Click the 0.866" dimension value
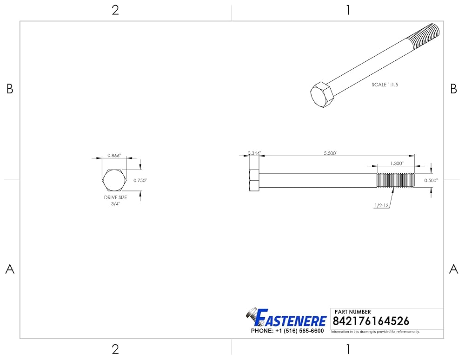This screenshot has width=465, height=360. click(x=114, y=155)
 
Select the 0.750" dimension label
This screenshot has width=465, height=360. click(x=140, y=180)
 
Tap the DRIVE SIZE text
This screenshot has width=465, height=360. click(x=115, y=197)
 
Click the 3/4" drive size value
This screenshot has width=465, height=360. click(x=115, y=204)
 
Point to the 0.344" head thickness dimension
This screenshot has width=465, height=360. click(x=254, y=153)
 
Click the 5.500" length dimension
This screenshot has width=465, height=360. click(x=330, y=153)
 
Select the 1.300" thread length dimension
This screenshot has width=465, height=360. click(x=397, y=163)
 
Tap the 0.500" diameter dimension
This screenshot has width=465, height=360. click(x=431, y=180)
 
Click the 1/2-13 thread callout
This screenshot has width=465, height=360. click(x=382, y=205)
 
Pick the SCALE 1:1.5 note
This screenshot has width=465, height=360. click(x=385, y=85)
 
